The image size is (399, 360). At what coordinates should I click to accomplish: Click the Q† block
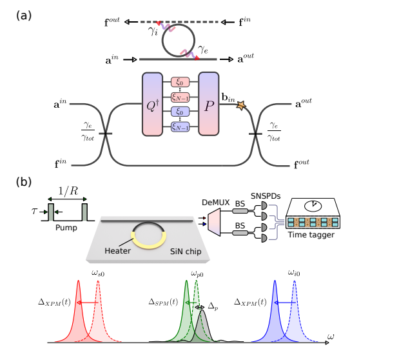(x=154, y=104)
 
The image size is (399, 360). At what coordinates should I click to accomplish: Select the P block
(x=209, y=104)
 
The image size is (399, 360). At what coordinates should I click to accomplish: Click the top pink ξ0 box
(x=182, y=83)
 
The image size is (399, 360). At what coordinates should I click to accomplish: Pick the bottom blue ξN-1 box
(x=182, y=126)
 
